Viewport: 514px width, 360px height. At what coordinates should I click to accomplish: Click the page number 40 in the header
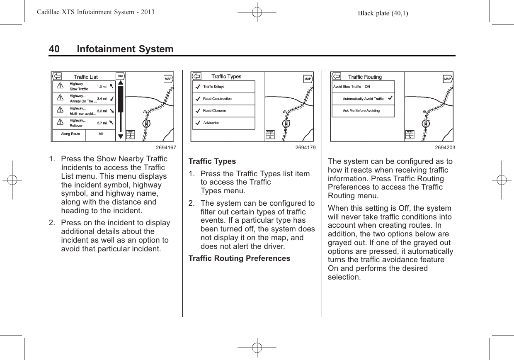tap(54, 49)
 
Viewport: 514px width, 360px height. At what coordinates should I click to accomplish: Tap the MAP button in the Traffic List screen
tap(168, 79)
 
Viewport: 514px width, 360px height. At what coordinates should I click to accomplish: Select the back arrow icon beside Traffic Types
tap(196, 77)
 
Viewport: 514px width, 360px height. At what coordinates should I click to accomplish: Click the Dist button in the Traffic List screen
tap(120, 76)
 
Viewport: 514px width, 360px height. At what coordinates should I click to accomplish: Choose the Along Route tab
tap(70, 134)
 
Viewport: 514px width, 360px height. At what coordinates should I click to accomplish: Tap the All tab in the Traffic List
tap(101, 134)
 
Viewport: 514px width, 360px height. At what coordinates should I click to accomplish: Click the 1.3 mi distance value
tap(102, 87)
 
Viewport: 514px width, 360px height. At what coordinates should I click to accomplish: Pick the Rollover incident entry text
tap(76, 126)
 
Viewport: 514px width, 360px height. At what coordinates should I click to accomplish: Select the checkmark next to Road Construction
tap(198, 99)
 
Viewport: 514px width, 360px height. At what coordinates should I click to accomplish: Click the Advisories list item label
tap(211, 123)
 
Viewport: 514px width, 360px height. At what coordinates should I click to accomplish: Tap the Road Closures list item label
tap(214, 111)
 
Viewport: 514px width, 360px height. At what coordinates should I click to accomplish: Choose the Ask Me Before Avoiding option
tap(361, 111)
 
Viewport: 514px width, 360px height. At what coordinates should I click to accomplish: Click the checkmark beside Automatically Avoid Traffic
tap(390, 98)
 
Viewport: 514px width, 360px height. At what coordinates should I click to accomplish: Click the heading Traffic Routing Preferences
tap(239, 258)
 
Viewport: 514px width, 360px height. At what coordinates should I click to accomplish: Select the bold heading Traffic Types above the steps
tap(212, 161)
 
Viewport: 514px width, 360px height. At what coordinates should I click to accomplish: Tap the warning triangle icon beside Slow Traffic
tap(60, 86)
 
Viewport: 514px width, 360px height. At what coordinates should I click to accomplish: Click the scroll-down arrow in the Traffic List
tap(121, 136)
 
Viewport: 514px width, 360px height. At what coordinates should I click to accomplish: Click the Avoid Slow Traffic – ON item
tap(352, 87)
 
